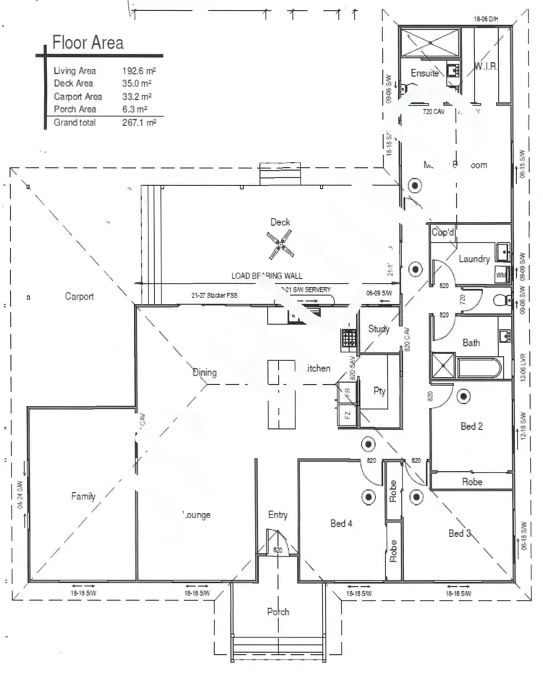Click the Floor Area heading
[x=88, y=43]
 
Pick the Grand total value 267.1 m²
[x=139, y=123]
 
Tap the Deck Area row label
[x=73, y=84]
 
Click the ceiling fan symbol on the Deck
[x=280, y=245]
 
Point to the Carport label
[x=80, y=297]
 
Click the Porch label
[x=278, y=611]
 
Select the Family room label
[x=83, y=496]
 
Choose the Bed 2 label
[x=471, y=427]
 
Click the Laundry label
[x=474, y=259]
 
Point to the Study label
[x=379, y=329]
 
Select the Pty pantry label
[x=379, y=391]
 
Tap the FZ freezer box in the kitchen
[x=348, y=415]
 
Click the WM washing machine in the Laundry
[x=501, y=275]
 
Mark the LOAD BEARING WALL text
[x=266, y=276]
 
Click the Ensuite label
[x=425, y=73]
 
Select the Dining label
[x=204, y=373]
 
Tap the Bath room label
[x=471, y=343]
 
